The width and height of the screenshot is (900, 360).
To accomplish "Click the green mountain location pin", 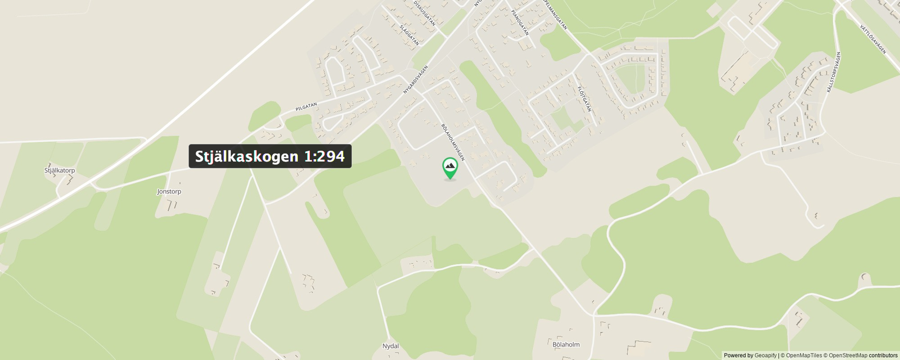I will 449,168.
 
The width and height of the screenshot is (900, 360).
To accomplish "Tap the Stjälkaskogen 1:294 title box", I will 270,156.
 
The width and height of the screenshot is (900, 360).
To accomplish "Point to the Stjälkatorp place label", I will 60,170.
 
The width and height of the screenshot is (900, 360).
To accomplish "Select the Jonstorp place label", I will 169,192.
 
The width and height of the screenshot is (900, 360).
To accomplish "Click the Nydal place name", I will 390,346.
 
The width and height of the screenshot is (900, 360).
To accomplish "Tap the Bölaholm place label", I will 566,344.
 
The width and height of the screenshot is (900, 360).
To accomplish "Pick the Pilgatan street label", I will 307,106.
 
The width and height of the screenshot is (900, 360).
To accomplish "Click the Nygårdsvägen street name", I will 416,79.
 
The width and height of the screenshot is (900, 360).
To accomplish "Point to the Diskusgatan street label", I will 425,13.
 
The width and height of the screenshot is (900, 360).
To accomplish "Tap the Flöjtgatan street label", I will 585,98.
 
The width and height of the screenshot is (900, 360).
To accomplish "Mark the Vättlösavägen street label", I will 872,39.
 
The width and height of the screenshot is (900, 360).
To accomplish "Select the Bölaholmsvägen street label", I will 453,142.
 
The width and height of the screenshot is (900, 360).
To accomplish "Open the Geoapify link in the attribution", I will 766,355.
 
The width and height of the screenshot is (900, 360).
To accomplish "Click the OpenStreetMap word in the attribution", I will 848,355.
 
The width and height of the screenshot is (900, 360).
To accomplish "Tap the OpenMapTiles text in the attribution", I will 804,355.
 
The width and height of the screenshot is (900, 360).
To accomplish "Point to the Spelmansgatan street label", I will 555,15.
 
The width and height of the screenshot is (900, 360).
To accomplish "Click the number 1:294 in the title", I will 325,156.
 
